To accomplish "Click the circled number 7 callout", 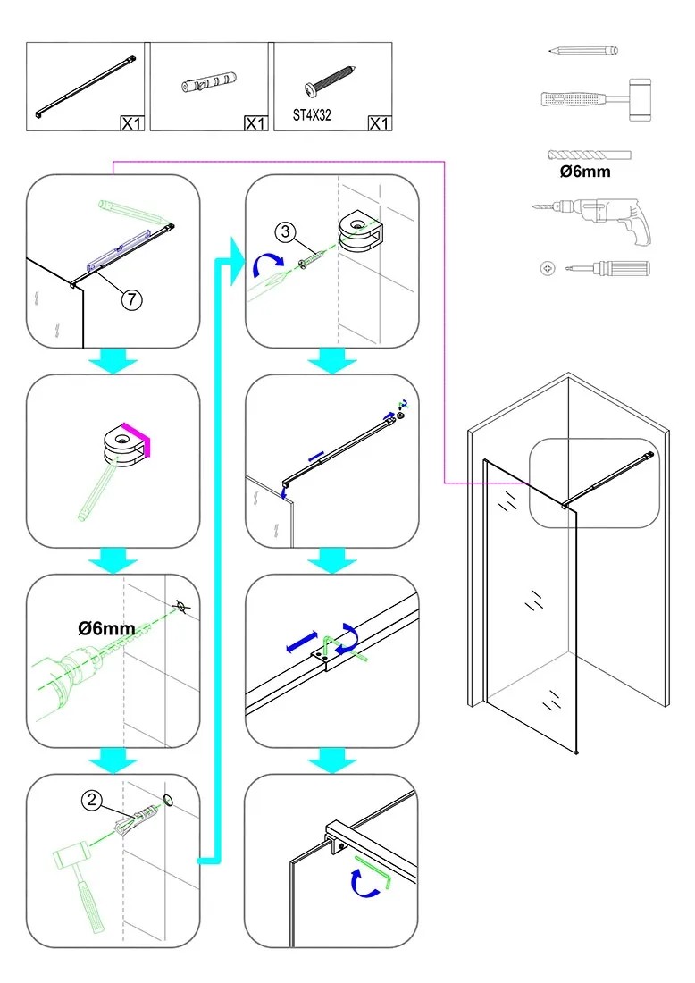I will (132, 300).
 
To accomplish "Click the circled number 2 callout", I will (91, 801).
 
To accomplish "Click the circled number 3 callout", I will (285, 233).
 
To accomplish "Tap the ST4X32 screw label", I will (313, 115).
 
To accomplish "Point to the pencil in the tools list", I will (585, 51).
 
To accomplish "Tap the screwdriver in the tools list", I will (596, 267).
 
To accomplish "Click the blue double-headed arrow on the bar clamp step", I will (302, 641).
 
